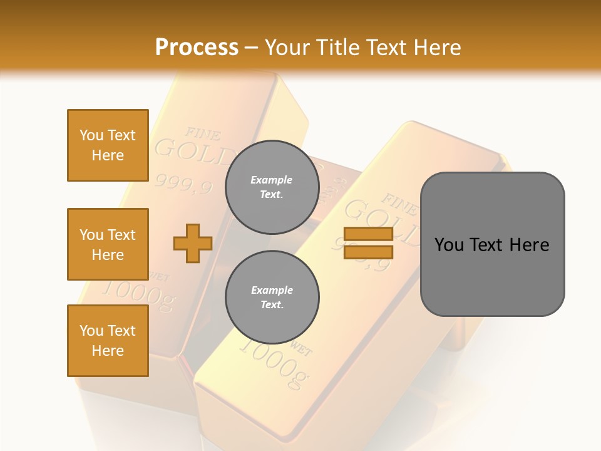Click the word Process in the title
point(197,48)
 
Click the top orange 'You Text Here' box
point(108,145)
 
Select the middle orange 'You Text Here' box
point(108,244)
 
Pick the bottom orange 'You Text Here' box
point(108,341)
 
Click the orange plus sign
point(193,244)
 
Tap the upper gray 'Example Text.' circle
point(272,187)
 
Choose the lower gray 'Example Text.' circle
point(272,297)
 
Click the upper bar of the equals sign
point(368,234)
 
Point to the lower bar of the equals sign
point(368,252)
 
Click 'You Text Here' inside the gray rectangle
point(492,245)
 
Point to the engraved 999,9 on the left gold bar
point(183,184)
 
